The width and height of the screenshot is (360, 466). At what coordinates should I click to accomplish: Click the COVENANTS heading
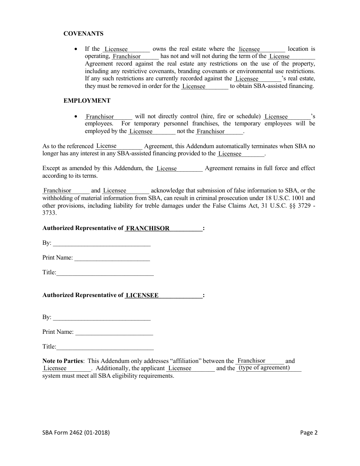click(83, 34)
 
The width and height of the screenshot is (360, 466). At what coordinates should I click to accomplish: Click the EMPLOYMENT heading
click(87, 101)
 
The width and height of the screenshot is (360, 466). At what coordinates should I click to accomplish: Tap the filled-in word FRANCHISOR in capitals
click(147, 228)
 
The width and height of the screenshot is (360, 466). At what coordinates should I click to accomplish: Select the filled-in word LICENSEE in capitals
click(142, 296)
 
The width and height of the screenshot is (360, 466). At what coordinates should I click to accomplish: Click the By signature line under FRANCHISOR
click(102, 243)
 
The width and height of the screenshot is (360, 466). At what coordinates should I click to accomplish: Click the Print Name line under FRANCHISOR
click(112, 258)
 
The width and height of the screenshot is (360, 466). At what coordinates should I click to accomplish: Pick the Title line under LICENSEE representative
click(105, 347)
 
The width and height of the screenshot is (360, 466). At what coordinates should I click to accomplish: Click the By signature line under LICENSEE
click(102, 317)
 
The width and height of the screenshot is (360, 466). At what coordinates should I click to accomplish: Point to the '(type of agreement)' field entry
click(264, 367)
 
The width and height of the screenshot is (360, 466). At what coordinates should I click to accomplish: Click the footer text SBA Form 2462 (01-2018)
click(76, 433)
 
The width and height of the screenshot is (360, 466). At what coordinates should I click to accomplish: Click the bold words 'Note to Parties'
click(63, 361)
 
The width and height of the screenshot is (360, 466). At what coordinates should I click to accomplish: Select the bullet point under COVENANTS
click(77, 49)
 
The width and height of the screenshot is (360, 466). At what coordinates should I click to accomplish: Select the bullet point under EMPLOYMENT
click(77, 117)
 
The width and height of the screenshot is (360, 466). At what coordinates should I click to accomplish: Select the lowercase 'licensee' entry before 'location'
click(249, 49)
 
